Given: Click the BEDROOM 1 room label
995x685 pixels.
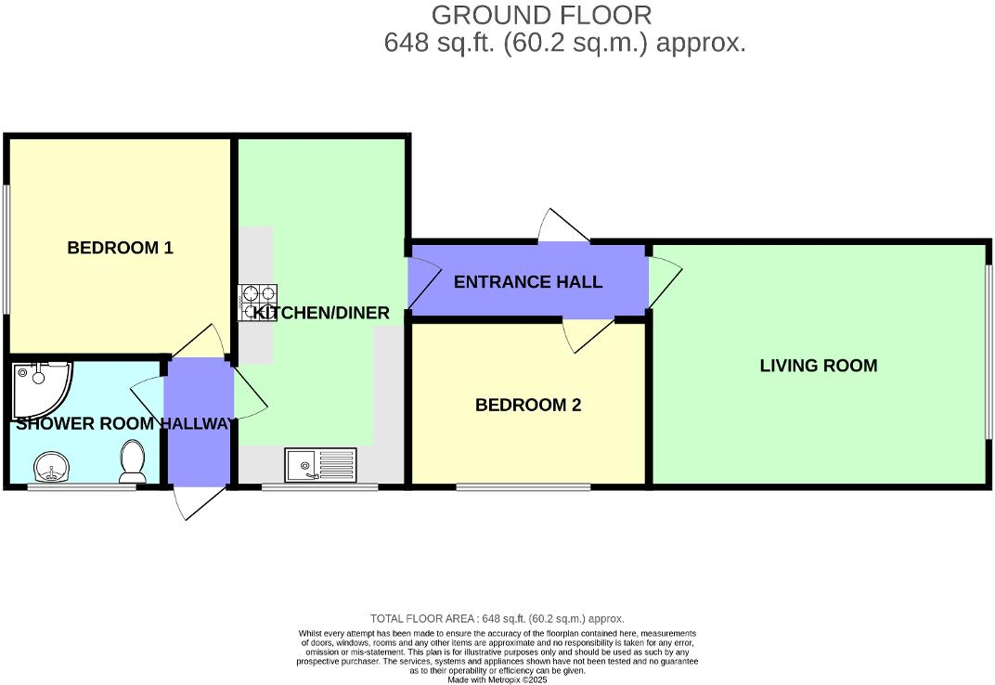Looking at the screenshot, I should coord(120,248).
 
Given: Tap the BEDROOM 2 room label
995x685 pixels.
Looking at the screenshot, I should coord(527,405).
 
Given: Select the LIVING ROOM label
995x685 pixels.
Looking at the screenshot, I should coord(818,366).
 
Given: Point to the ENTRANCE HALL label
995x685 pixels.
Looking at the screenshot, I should coord(527,282).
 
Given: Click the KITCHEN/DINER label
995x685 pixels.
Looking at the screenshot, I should coord(322,313).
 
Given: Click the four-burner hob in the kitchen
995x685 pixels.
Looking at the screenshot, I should coord(258,303).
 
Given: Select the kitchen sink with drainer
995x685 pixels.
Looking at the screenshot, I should coord(320,465).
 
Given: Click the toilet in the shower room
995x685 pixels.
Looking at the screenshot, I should coord(133,461).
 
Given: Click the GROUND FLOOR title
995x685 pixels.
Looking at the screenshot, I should coord(542,15).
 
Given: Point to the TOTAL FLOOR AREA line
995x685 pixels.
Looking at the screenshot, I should coord(497,618).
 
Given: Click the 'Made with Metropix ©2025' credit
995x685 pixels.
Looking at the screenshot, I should coord(497,679).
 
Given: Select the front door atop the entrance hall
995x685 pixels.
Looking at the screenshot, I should coord(563,227).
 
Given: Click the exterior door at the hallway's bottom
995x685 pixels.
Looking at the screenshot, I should coord(198,500).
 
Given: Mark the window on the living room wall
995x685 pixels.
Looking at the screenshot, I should coord(989,365).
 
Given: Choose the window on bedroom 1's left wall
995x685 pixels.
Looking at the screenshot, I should coord(6,249).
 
